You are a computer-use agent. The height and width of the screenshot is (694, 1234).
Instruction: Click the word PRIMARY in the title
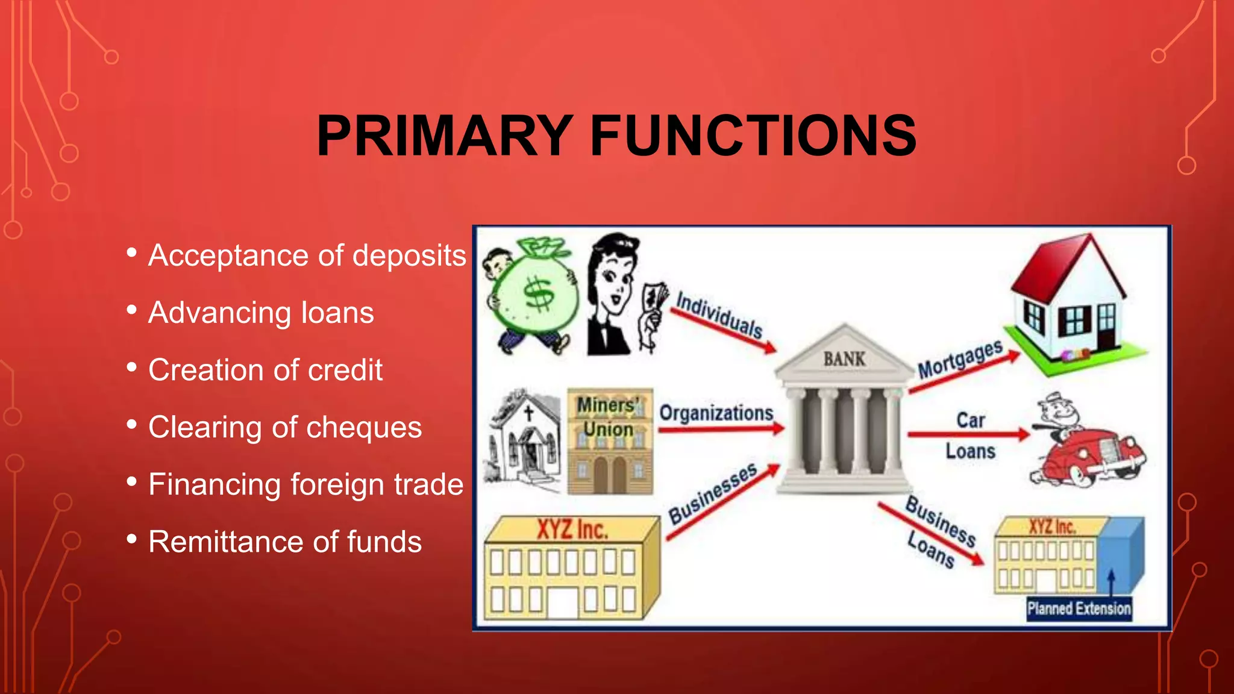click(x=445, y=136)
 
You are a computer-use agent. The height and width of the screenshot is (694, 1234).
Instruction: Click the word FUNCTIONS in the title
click(x=753, y=136)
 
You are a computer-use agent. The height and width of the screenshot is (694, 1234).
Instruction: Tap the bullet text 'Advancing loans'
click(x=261, y=313)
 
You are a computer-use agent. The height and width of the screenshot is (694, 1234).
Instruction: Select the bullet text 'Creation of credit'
click(x=265, y=370)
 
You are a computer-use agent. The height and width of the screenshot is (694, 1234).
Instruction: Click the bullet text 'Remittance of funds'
click(x=285, y=542)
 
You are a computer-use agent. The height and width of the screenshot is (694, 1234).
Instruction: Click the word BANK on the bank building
click(x=844, y=359)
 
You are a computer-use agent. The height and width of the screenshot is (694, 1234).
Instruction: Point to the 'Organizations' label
click(x=716, y=413)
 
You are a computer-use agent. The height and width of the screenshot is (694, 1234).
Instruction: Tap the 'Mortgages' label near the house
click(x=960, y=359)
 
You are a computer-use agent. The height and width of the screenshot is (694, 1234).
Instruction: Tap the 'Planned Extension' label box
click(x=1079, y=608)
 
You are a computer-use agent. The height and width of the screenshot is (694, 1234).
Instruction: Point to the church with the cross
click(x=524, y=437)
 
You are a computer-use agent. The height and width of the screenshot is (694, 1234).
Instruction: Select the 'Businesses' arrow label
click(x=713, y=494)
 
